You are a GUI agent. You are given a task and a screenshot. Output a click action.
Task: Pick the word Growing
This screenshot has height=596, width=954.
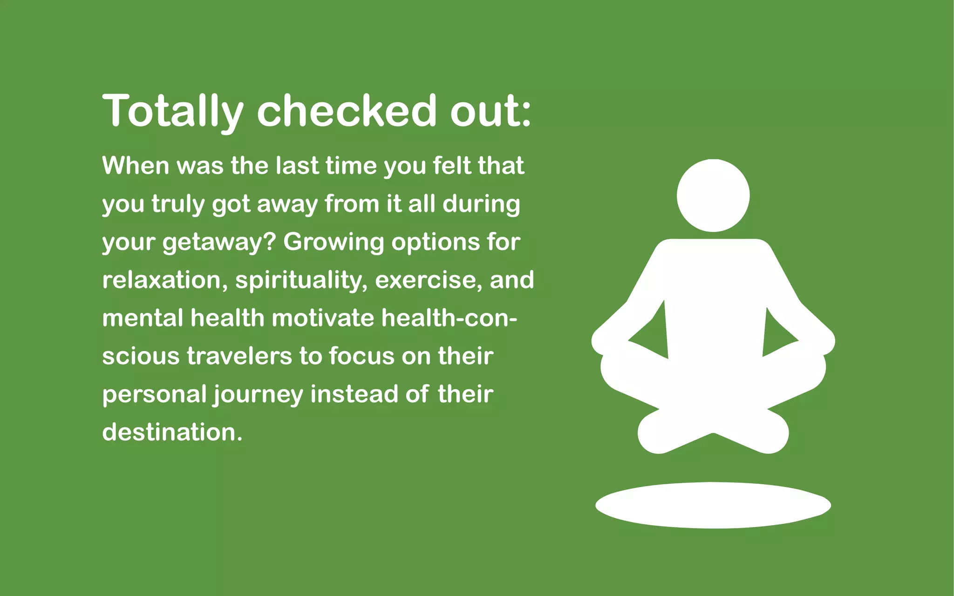(x=333, y=243)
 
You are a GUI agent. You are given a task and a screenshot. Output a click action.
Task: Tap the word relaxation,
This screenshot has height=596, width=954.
(x=165, y=280)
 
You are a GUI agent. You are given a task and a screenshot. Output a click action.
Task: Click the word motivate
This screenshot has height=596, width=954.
(x=323, y=318)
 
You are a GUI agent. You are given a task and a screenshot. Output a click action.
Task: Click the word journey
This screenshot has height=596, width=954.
(x=259, y=395)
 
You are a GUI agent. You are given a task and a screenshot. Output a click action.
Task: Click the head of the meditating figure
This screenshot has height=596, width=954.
(x=713, y=196)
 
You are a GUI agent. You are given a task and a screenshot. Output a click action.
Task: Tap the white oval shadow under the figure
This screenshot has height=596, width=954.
(x=713, y=505)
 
